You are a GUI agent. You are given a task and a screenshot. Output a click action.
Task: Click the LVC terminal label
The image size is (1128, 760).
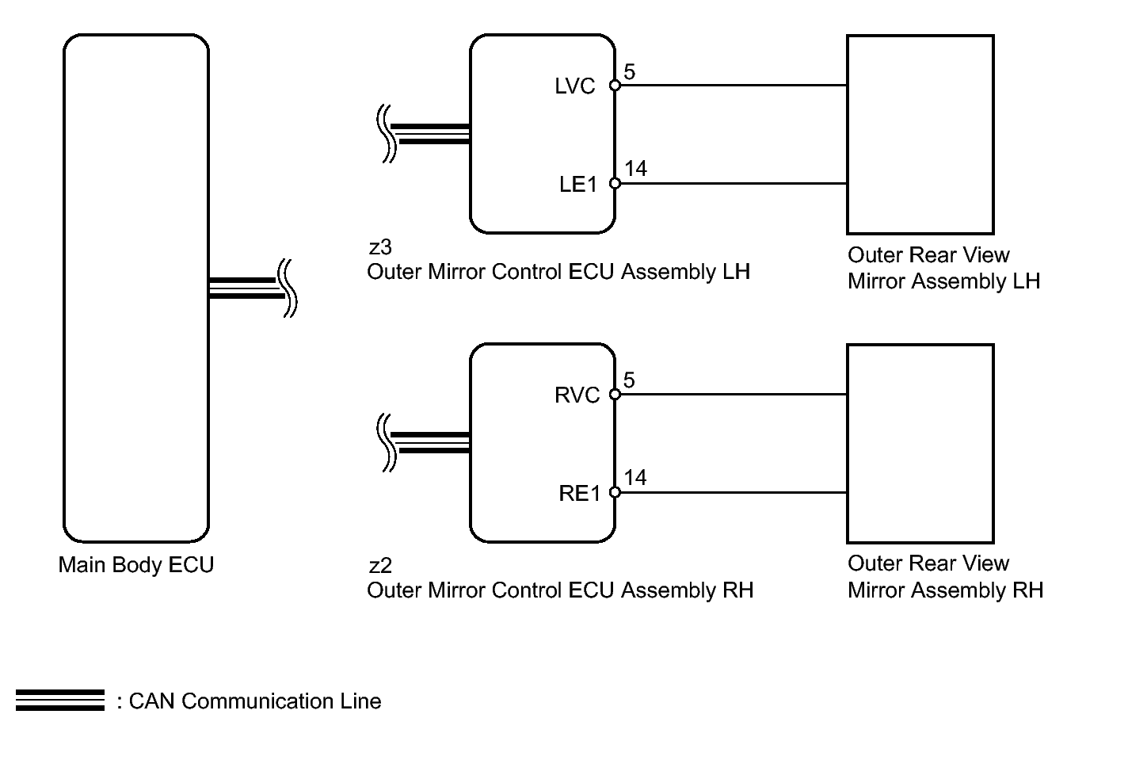point(574,86)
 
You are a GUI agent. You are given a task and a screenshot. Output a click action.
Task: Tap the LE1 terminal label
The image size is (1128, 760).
point(578,185)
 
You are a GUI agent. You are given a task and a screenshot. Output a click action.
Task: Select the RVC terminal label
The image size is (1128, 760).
point(577,395)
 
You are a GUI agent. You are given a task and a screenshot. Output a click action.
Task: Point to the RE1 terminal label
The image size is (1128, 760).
point(580,494)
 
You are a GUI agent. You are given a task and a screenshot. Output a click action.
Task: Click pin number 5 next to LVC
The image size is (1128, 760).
point(630,72)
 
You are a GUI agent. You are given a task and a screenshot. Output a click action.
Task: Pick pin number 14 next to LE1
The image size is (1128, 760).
point(635,169)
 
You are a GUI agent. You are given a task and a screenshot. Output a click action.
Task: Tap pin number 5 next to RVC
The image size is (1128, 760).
point(630,380)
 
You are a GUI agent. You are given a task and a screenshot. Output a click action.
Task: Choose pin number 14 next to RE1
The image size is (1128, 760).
point(635,477)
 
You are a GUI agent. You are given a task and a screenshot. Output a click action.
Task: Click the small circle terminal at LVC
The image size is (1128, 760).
point(615,85)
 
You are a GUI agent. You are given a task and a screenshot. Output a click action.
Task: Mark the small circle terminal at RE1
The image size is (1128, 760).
point(615,492)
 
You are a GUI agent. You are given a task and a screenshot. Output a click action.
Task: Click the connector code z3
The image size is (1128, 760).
point(380,247)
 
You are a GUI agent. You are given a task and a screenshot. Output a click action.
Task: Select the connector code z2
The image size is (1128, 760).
point(380,566)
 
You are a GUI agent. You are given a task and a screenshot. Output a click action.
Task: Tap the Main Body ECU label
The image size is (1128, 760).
point(136,564)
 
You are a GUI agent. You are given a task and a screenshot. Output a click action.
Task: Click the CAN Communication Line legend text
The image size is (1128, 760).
point(255,701)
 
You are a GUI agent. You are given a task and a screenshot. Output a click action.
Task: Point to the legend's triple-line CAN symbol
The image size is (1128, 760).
point(60,701)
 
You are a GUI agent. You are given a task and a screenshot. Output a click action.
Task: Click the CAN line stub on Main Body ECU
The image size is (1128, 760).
point(247,288)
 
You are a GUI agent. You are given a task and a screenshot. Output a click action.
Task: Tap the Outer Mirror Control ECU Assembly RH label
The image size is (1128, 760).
point(560,590)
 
